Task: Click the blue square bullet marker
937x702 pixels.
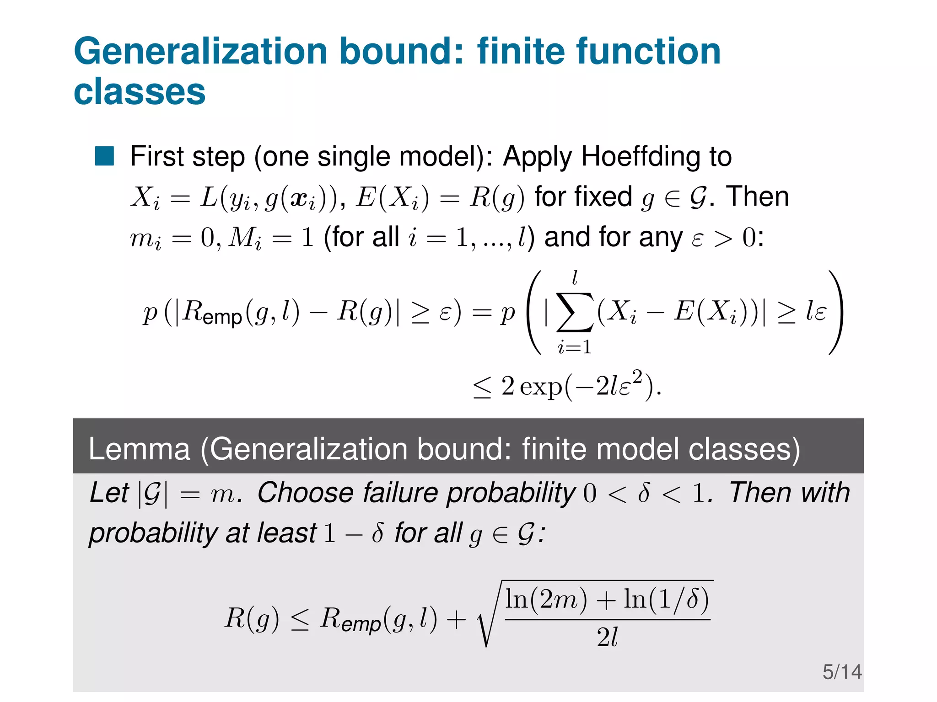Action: tap(104, 156)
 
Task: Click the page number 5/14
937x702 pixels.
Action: tap(842, 672)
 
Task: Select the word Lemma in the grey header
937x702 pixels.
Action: tap(139, 449)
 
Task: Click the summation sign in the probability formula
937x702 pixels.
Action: tap(575, 313)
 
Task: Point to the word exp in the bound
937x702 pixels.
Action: tap(541, 387)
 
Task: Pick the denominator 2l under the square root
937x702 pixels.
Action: tap(607, 637)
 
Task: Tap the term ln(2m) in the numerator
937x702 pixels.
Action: tap(546, 600)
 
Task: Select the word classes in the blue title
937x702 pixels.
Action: tap(140, 92)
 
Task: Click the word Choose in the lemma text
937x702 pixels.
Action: tap(305, 493)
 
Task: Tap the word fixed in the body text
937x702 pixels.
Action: tap(583, 197)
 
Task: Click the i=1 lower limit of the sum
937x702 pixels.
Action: tap(574, 347)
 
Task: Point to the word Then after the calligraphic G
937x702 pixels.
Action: tap(758, 197)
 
